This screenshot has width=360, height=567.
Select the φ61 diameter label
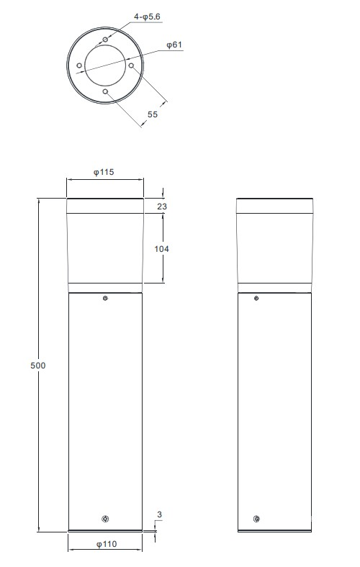[x=174, y=45]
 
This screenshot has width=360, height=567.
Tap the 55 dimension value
[x=153, y=114]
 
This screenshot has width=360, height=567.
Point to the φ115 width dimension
[x=104, y=173]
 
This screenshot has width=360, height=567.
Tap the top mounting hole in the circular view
[x=105, y=39]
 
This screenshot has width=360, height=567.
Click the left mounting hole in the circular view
[x=78, y=65]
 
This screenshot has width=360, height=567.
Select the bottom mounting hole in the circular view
[x=105, y=92]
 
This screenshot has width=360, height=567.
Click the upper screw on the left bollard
[x=105, y=299]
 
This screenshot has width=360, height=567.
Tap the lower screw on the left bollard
[x=105, y=520]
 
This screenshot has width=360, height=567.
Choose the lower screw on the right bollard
[x=256, y=520]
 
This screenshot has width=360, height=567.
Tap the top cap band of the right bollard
[x=275, y=206]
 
